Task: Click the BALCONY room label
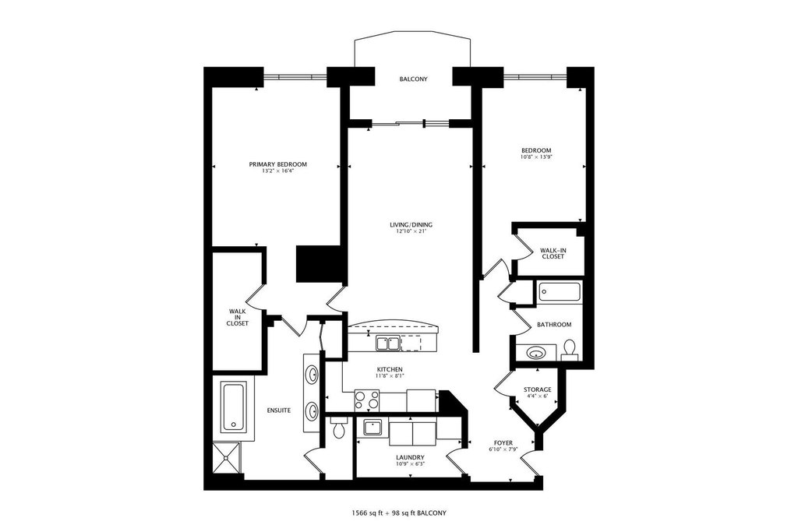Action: coord(413,79)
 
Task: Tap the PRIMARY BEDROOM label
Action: coord(277,164)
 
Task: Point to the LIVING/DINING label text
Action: coord(411,225)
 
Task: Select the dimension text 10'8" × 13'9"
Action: coord(536,157)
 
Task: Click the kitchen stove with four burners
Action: coord(367,399)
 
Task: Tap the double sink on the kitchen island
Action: coord(387,342)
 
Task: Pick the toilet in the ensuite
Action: coord(338,428)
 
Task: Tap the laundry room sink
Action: coord(371,428)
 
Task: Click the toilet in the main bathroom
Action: coord(570,347)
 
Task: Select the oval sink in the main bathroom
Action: coord(536,353)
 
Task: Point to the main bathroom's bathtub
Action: coord(559,293)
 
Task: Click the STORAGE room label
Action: coord(537,389)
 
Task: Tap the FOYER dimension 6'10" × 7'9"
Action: coord(503,449)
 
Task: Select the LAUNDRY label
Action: coord(410,457)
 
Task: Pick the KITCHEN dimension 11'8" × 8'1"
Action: coord(389,376)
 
